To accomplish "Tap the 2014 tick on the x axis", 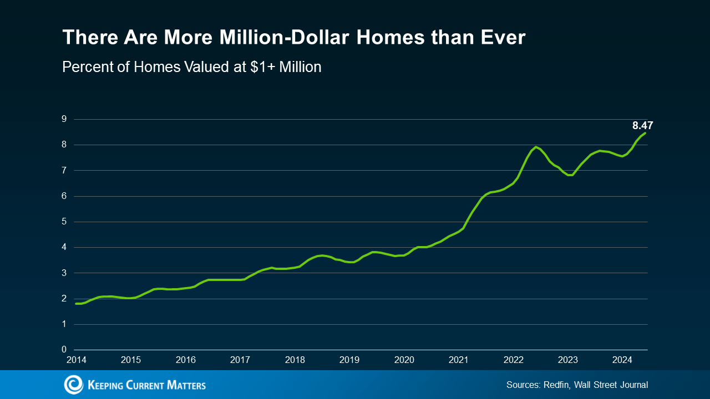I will [x=77, y=360].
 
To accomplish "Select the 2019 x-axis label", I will [x=349, y=360].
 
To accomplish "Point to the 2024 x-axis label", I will [x=622, y=360].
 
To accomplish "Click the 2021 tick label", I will [x=459, y=360].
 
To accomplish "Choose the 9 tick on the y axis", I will [x=64, y=119].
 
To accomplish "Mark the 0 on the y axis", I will [x=64, y=350].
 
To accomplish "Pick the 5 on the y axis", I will [x=64, y=222].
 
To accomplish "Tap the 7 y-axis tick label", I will [x=64, y=170].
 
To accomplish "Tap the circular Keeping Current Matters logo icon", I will [x=73, y=385].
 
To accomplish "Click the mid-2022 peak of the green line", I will [x=536, y=147].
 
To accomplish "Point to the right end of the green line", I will [x=645, y=133].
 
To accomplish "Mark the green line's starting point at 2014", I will [x=77, y=303].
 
